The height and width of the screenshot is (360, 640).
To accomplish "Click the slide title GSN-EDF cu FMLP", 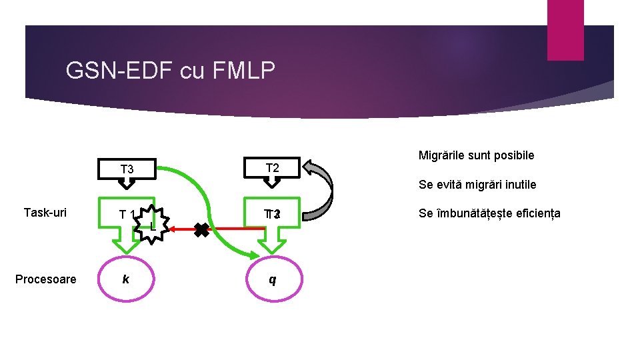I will pyautogui.click(x=171, y=71).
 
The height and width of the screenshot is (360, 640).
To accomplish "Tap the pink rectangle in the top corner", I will pyautogui.click(x=565, y=29).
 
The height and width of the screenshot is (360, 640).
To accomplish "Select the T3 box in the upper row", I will pyautogui.click(x=127, y=169).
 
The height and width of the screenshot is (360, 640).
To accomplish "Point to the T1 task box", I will pyautogui.click(x=124, y=215).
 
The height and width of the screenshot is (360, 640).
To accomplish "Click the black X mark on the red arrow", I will pyautogui.click(x=202, y=229).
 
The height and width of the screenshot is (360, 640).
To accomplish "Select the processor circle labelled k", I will pyautogui.click(x=126, y=279).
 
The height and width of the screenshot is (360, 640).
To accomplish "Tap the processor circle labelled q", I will pyautogui.click(x=272, y=279).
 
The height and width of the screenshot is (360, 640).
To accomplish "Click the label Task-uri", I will pyautogui.click(x=45, y=213).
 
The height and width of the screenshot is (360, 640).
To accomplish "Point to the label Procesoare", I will pyautogui.click(x=45, y=279).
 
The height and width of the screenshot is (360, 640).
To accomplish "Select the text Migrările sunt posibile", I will pyautogui.click(x=476, y=155).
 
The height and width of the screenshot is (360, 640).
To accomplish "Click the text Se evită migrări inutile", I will pyautogui.click(x=477, y=185).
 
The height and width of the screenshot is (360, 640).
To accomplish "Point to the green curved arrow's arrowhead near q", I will pyautogui.click(x=253, y=255).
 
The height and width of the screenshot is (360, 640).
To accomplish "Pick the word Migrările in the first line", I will pyautogui.click(x=441, y=155).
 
